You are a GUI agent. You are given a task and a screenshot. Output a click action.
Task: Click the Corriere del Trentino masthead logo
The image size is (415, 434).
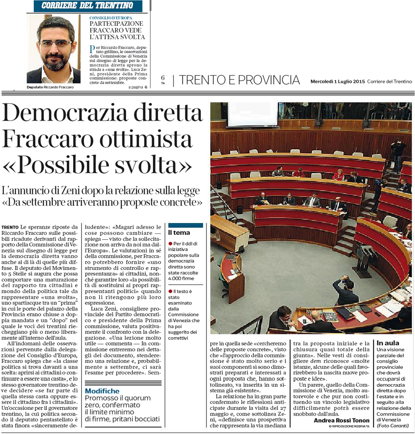[87, 5]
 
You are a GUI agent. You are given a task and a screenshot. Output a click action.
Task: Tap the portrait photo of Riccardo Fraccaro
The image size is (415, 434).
[54, 50]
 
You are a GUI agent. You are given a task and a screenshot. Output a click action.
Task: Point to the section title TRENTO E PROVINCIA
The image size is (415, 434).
[239, 80]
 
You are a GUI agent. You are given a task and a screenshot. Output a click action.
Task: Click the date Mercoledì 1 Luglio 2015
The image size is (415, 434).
[338, 82]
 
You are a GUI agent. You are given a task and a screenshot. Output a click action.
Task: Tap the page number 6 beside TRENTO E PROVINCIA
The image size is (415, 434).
[163, 78]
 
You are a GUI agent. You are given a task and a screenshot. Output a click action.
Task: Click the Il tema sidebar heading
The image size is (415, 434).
[179, 233]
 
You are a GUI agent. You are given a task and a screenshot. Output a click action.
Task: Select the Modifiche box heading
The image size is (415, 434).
[102, 391]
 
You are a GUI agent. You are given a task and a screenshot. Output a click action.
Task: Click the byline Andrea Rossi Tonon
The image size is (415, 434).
[341, 420]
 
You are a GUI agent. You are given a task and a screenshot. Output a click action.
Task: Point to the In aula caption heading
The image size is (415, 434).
[388, 343]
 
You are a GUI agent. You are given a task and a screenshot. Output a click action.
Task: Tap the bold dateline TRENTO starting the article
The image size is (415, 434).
[10, 227]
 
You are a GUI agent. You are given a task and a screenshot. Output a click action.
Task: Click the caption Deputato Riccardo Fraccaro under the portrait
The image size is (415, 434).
[50, 87]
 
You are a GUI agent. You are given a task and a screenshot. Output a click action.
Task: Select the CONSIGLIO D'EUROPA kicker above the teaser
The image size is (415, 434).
[111, 18]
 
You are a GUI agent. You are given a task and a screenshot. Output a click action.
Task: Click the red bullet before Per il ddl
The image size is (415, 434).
[170, 244]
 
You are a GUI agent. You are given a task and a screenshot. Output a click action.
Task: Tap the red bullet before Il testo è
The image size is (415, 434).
[170, 291]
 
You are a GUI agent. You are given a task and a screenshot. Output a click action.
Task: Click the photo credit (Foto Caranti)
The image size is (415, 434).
[393, 426]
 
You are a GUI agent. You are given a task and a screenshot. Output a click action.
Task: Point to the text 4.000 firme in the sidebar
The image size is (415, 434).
[181, 279]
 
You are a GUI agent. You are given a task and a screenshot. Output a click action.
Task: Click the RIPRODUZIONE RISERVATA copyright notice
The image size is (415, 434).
[349, 426]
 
